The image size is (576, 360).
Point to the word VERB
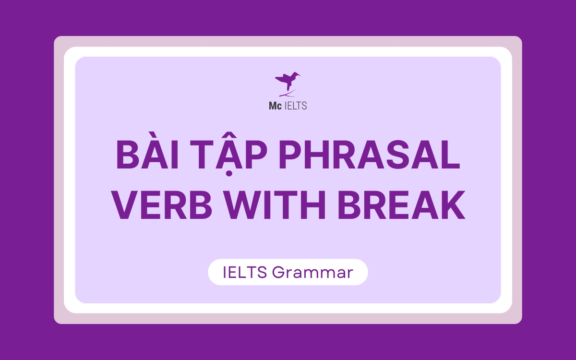pyautogui.click(x=163, y=204)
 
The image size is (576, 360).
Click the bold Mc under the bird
pyautogui.click(x=275, y=106)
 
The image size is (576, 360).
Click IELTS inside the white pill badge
pyautogui.click(x=245, y=272)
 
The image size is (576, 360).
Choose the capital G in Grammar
pyautogui.click(x=278, y=273)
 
